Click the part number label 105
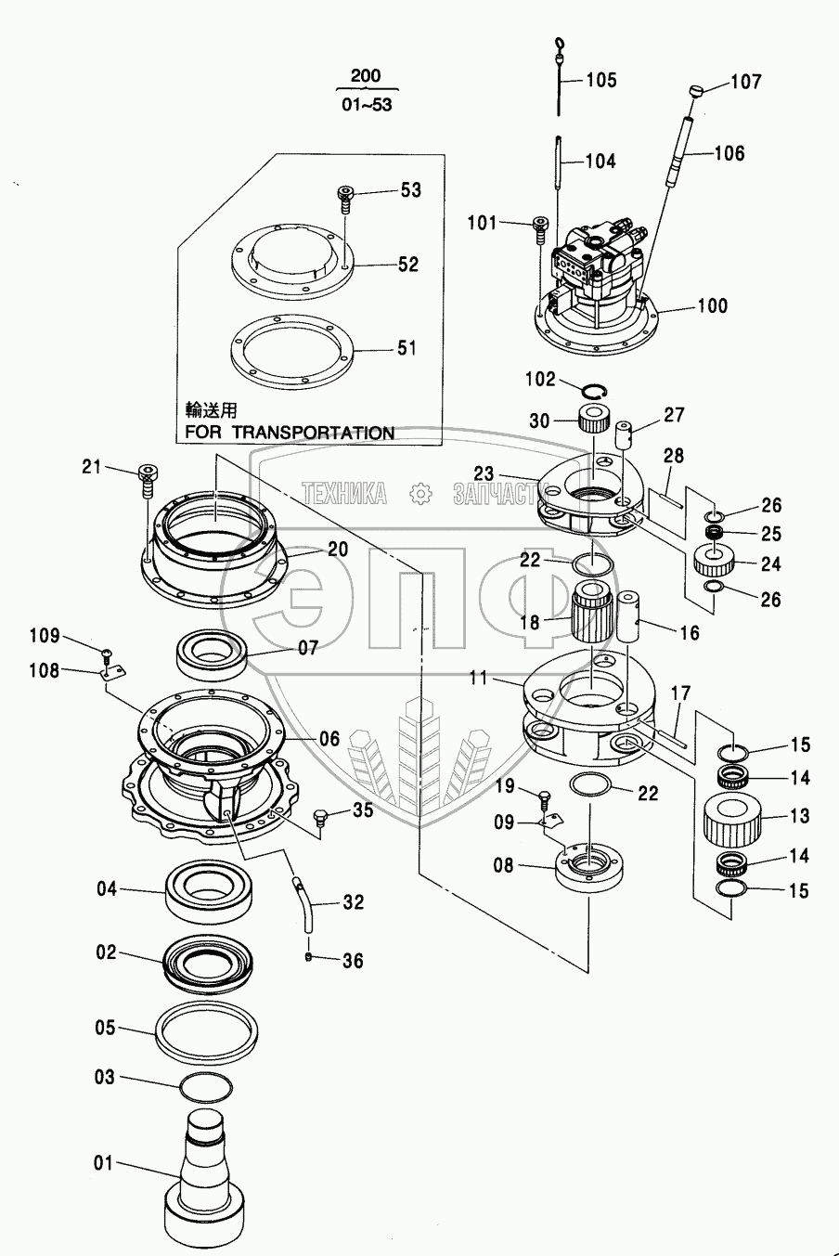coord(601,80)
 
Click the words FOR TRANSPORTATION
coord(290,433)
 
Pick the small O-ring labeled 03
coord(206,1088)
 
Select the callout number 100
coord(712,305)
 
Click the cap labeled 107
coord(697,91)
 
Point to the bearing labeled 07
coord(213,654)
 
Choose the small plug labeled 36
coord(309,956)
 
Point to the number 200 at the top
coord(366,76)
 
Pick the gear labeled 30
coord(594,418)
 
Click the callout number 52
coord(409,264)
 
